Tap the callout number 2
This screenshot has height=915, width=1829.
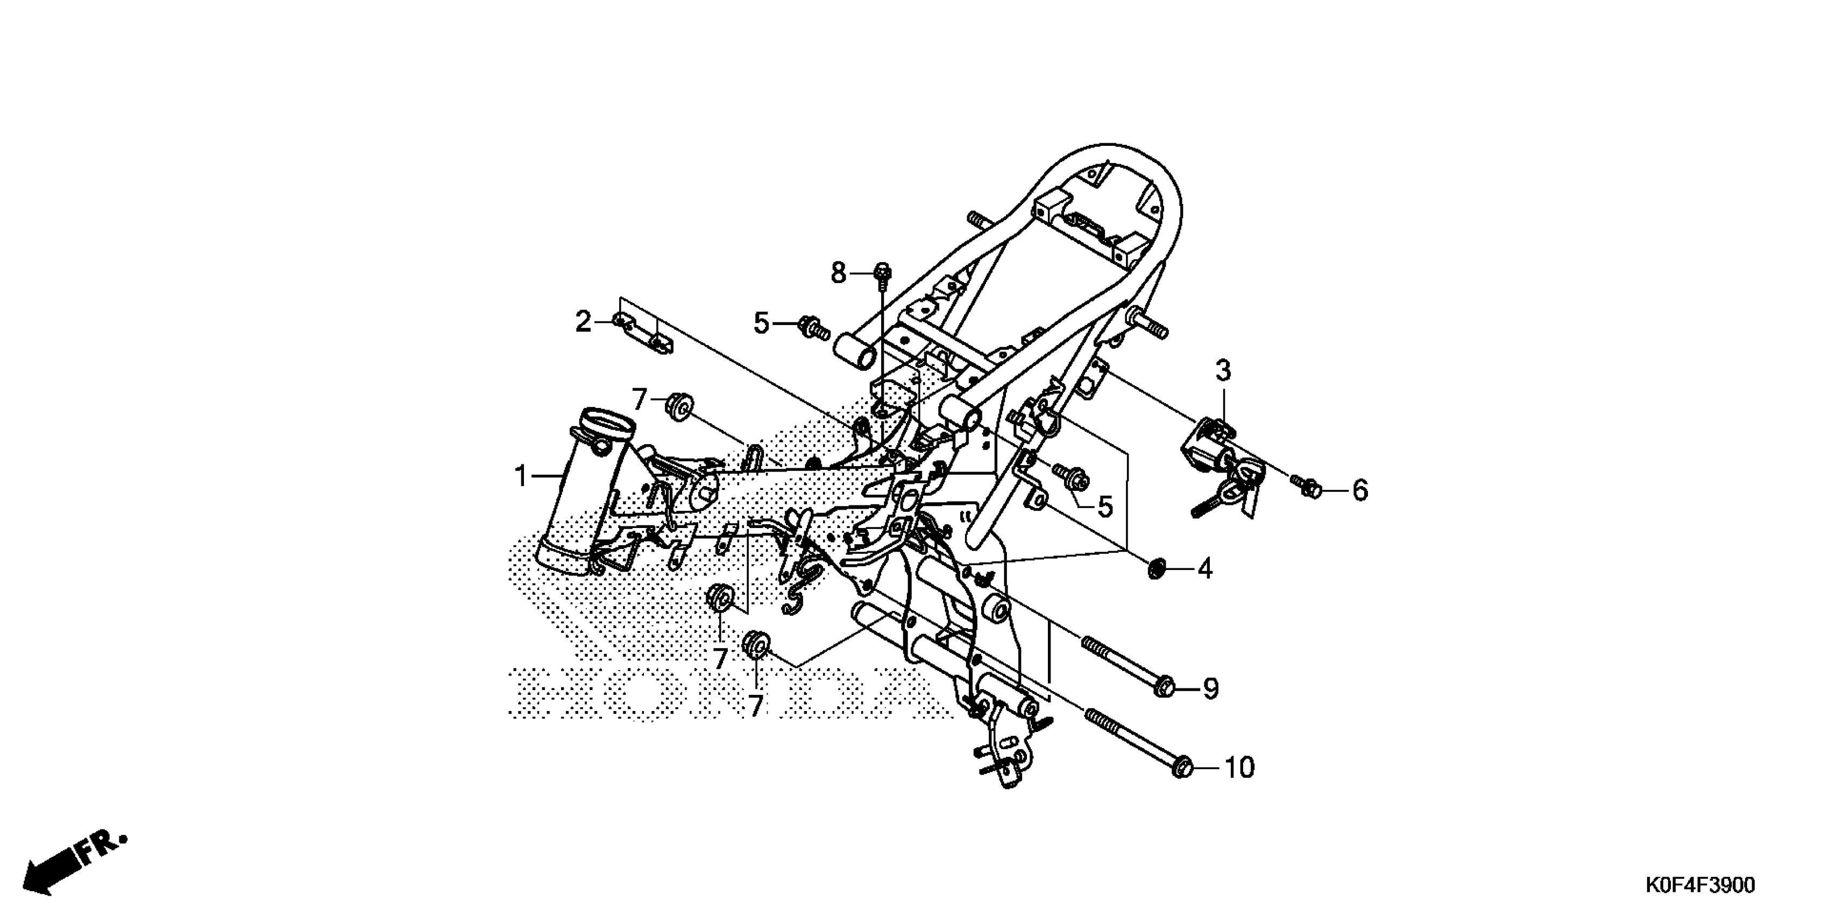pyautogui.click(x=583, y=322)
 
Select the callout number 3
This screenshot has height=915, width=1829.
pyautogui.click(x=1223, y=371)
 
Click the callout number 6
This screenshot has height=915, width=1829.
pyautogui.click(x=1359, y=490)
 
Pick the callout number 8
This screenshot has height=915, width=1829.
pyautogui.click(x=839, y=273)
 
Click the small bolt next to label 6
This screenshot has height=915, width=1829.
pyautogui.click(x=1310, y=488)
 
